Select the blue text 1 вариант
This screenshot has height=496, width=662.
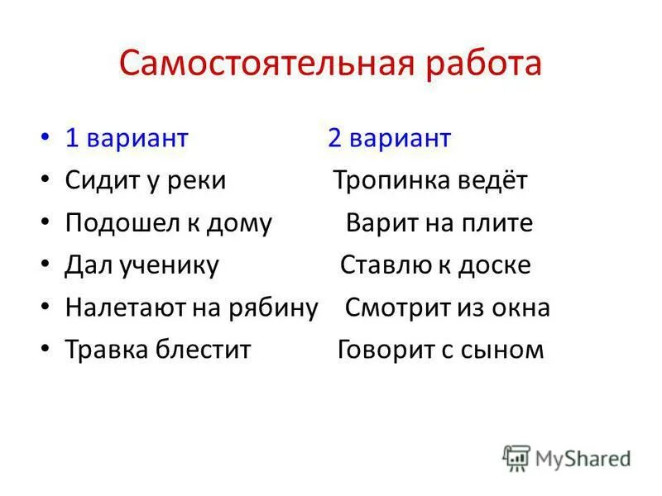click(127, 138)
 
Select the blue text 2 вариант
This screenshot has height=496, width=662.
click(389, 138)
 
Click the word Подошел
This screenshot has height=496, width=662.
click(112, 224)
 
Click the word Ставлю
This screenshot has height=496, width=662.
click(381, 266)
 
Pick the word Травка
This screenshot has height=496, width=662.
click(106, 350)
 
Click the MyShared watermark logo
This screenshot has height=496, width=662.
click(568, 457)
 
